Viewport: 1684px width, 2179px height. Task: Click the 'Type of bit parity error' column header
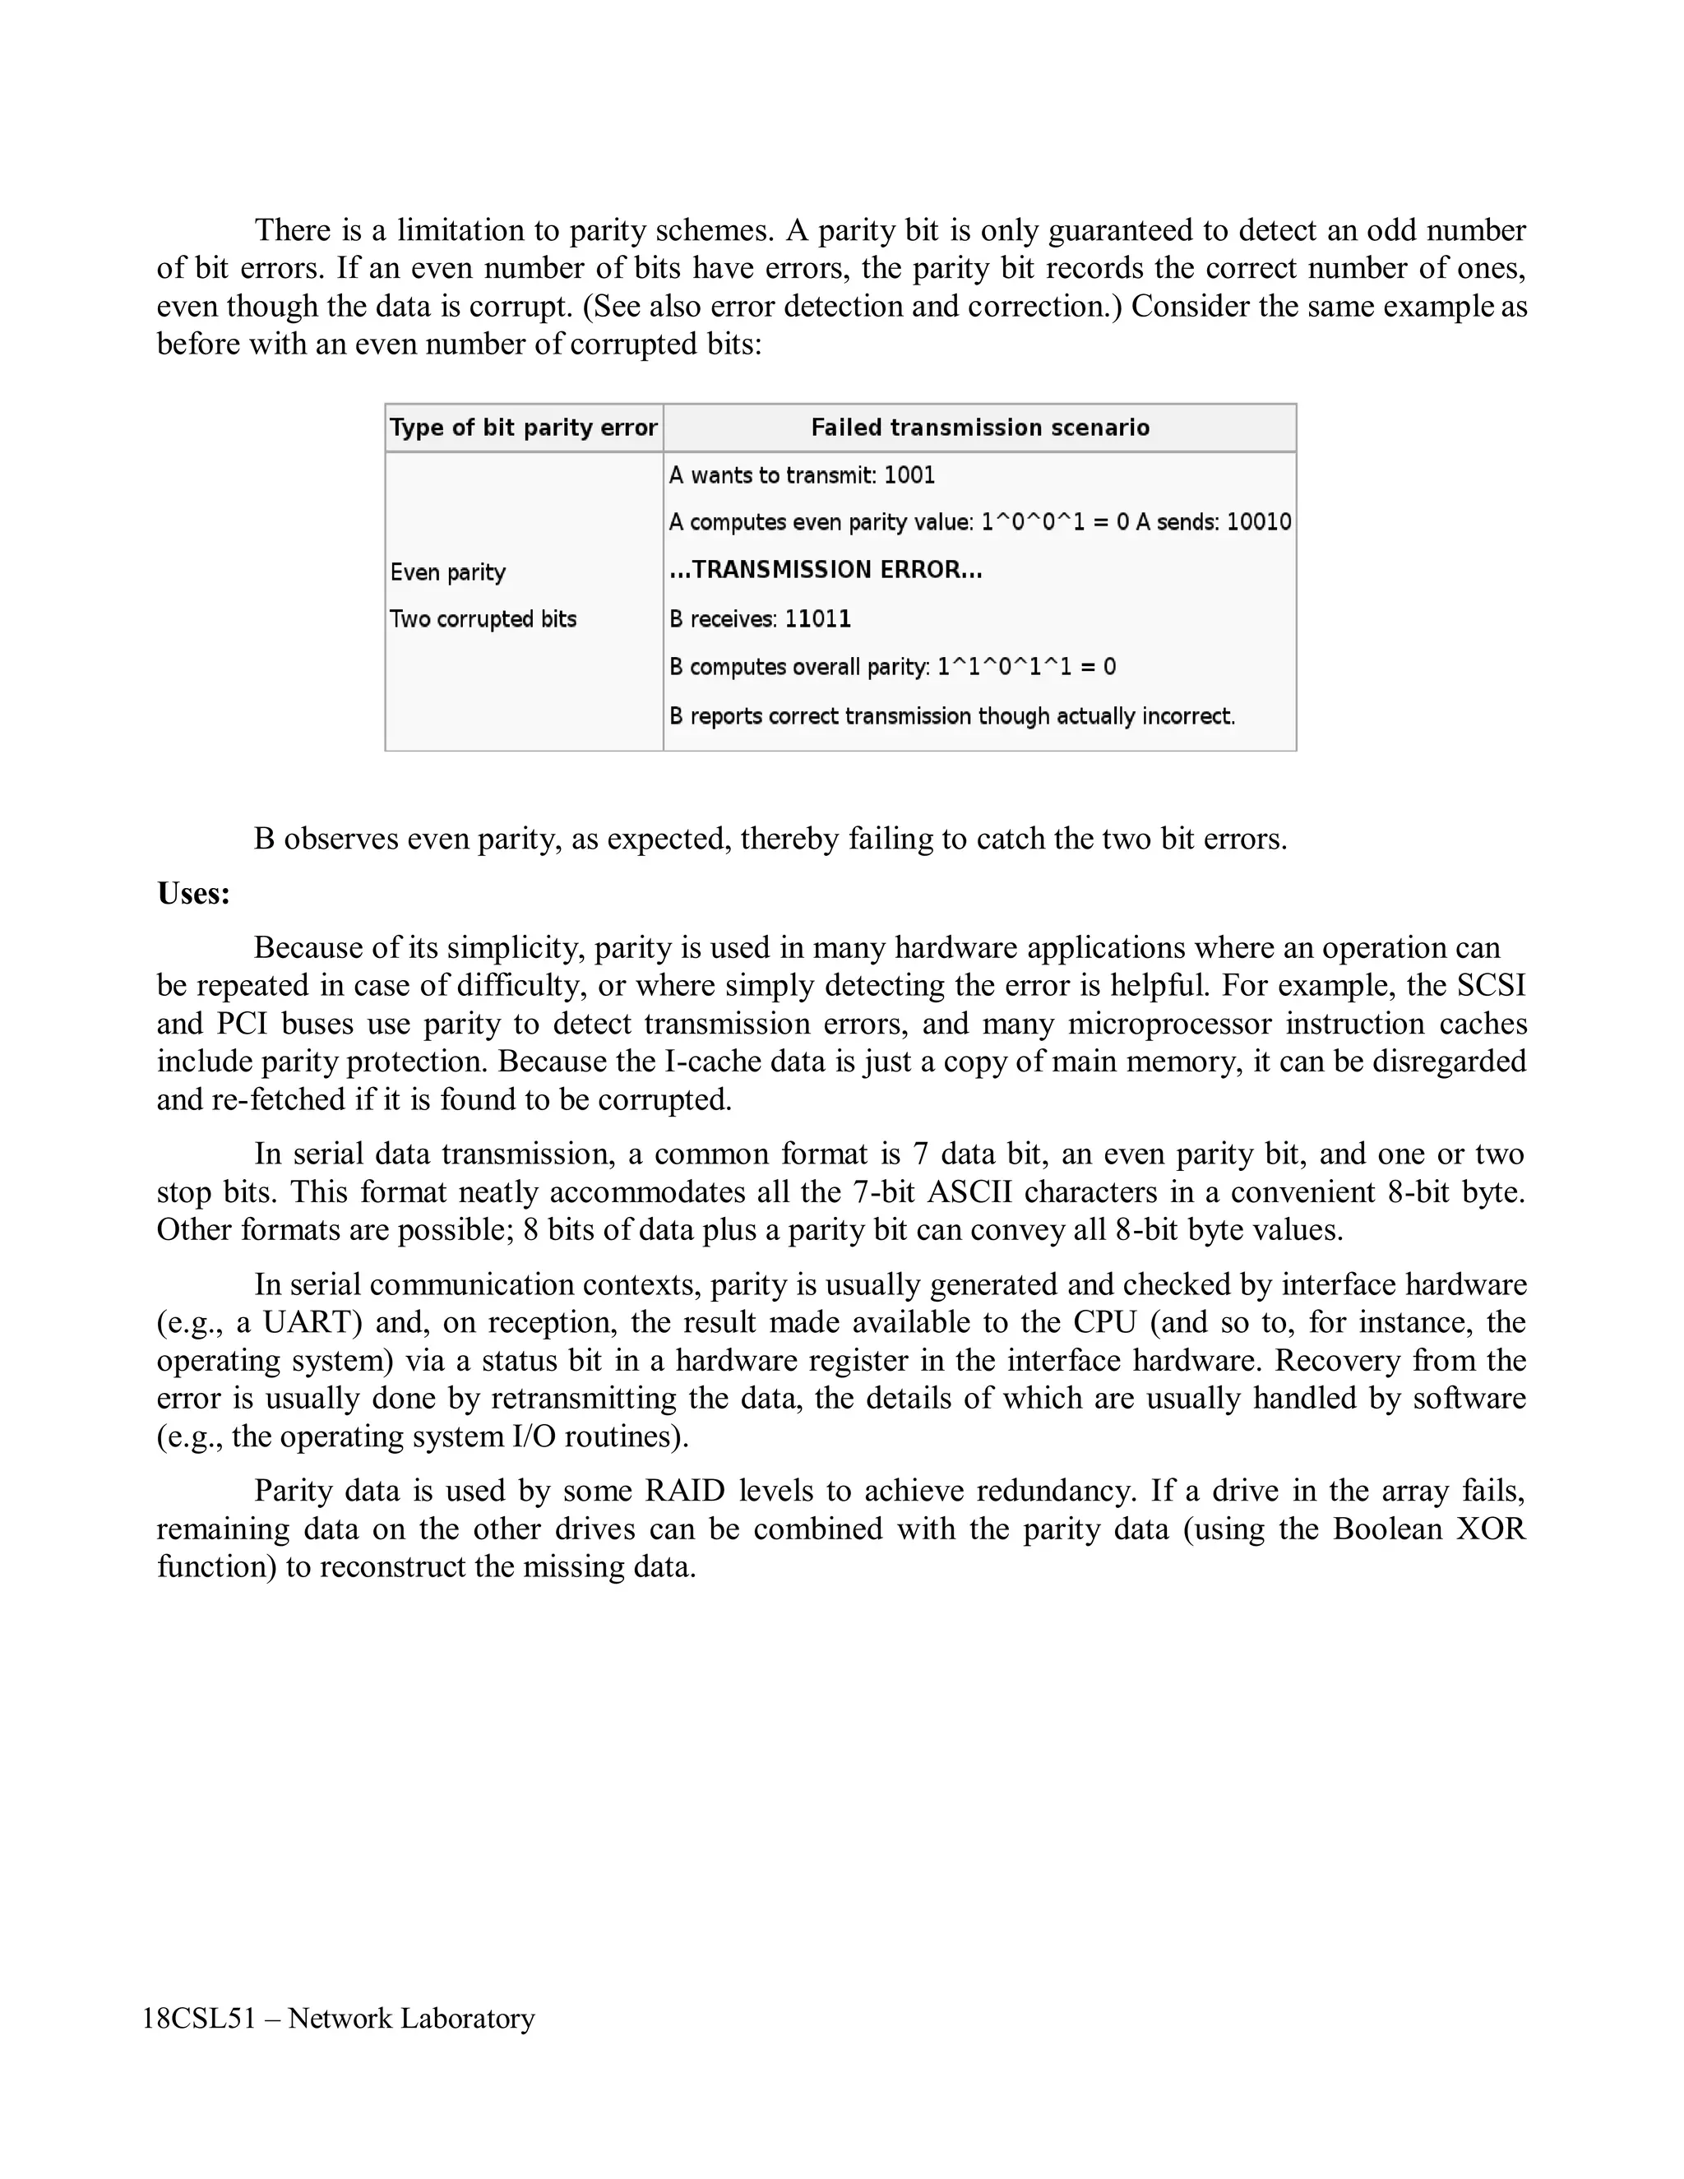tap(523, 428)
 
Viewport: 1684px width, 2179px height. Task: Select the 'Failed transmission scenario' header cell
tap(978, 428)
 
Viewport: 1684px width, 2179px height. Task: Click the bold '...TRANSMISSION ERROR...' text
tap(825, 570)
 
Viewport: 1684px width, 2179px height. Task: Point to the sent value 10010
tap(1258, 522)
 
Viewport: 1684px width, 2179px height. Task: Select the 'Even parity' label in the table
tap(448, 571)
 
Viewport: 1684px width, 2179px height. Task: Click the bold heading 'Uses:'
tap(193, 893)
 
